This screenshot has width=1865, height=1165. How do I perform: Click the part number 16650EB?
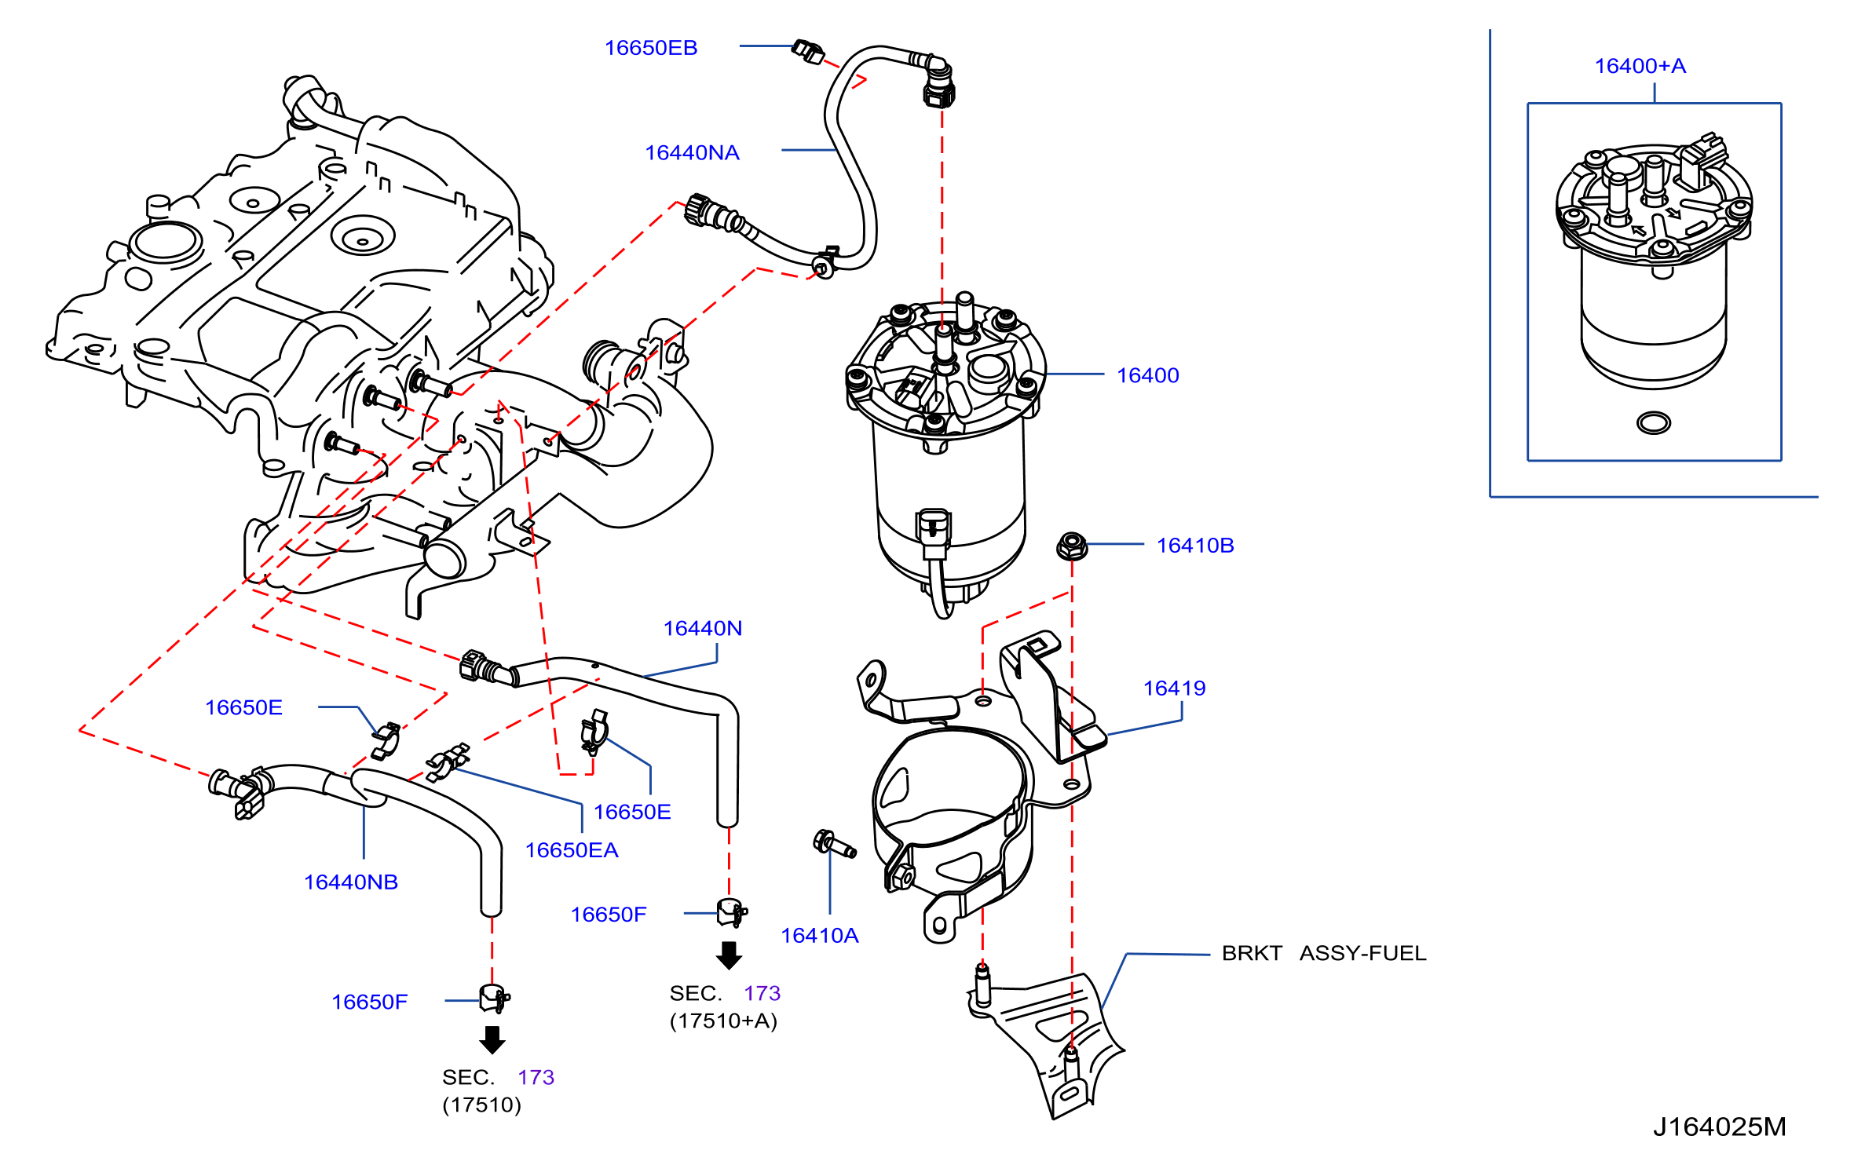coord(650,48)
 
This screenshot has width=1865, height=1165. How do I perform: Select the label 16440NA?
coord(692,152)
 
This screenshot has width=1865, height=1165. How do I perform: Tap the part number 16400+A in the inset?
coord(1640,66)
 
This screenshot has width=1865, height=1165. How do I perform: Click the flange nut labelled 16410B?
coord(1072,545)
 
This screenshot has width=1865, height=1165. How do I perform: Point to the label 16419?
coord(1174,688)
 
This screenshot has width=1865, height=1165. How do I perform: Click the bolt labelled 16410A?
coord(834,844)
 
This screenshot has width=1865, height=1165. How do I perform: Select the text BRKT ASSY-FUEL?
coord(1324,953)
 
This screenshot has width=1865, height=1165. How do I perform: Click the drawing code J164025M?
coord(1719,1127)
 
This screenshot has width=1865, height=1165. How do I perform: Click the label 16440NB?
coord(351,882)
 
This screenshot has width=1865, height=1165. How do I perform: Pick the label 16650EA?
coord(572,850)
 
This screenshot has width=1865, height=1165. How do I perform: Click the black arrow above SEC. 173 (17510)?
coord(492,1039)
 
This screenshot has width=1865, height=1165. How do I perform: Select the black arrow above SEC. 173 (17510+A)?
coord(730,955)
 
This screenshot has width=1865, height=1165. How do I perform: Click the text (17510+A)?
coord(723,1021)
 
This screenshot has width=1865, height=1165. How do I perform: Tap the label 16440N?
coord(703,628)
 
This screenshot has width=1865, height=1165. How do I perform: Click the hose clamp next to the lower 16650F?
coord(494,999)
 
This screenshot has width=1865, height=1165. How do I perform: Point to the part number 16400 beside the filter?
coord(1148,375)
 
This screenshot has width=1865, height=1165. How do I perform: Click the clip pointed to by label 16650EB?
coord(808,52)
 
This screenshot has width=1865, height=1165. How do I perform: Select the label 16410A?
coord(820,936)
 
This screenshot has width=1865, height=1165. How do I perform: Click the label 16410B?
coord(1195,546)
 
